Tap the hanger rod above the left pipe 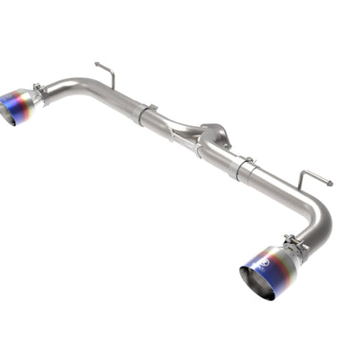click(x=105, y=74)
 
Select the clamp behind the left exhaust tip click(x=40, y=94)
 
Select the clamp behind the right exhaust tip click(x=294, y=244)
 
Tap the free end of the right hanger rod click(x=329, y=184)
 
